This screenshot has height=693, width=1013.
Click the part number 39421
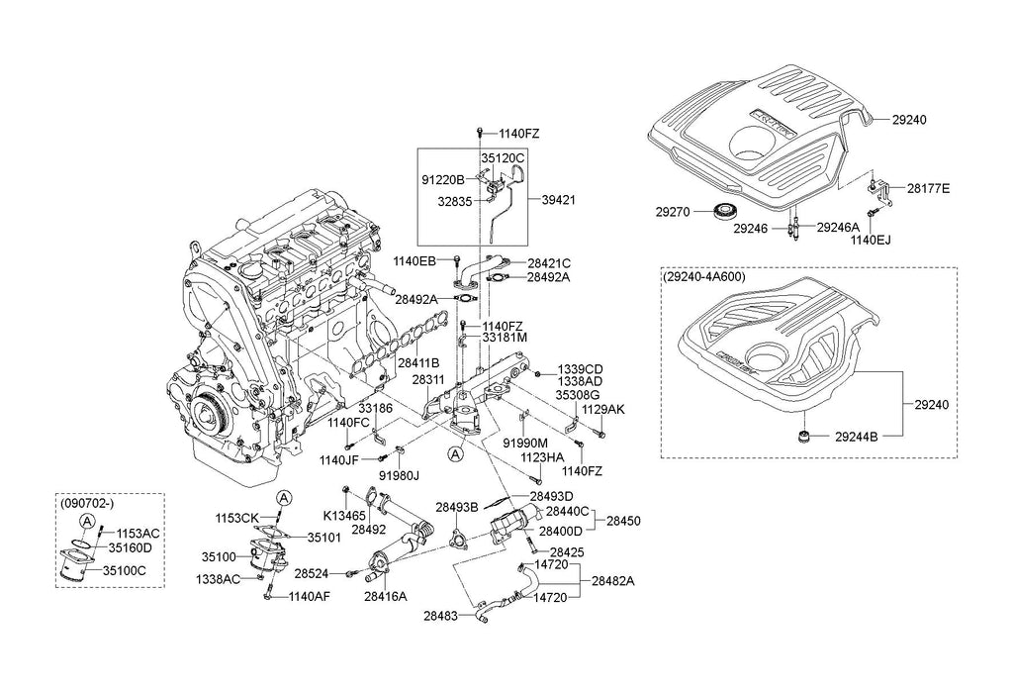(558, 199)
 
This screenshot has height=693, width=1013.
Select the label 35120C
(503, 157)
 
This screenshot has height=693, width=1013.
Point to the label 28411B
(418, 363)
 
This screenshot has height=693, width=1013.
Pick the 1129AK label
(603, 408)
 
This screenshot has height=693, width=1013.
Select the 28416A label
(385, 597)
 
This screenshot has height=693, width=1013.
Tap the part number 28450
(623, 520)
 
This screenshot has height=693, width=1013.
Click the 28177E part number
(928, 187)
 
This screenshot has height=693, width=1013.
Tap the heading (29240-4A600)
(705, 278)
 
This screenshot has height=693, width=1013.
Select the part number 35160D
(130, 546)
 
